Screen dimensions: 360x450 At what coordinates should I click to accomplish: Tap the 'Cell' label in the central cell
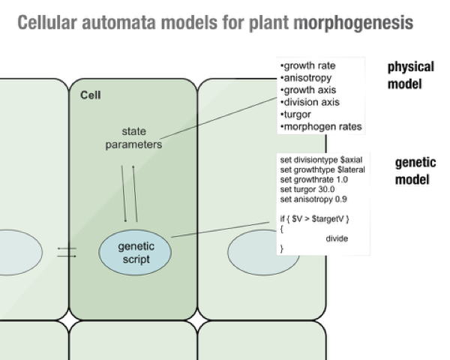click(91, 95)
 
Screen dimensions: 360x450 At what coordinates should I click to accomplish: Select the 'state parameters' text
click(133, 138)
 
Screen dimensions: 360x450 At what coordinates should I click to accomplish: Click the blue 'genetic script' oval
click(134, 252)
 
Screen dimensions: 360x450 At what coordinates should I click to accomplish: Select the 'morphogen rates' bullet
click(321, 127)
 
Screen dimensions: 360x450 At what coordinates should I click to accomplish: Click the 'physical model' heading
click(410, 75)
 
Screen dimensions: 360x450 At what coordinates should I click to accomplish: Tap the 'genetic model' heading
click(415, 171)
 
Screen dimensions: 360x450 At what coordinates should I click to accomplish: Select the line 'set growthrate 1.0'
click(315, 179)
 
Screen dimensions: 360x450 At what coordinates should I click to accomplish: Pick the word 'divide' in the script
click(337, 238)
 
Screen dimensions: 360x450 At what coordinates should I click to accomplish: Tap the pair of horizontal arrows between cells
click(67, 251)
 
